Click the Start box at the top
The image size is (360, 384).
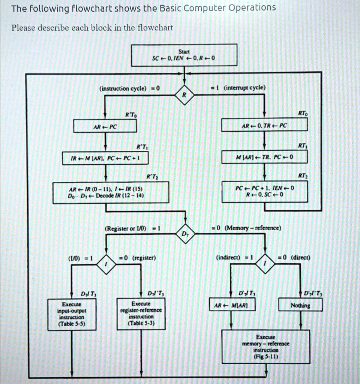184,55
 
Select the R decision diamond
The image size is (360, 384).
184,95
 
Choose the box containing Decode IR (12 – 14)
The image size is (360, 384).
111,192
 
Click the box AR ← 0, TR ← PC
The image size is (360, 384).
265,126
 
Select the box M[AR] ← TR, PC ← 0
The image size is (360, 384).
265,157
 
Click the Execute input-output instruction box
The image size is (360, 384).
71,314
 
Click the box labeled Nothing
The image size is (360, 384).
300,306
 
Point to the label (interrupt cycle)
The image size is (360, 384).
244,87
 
